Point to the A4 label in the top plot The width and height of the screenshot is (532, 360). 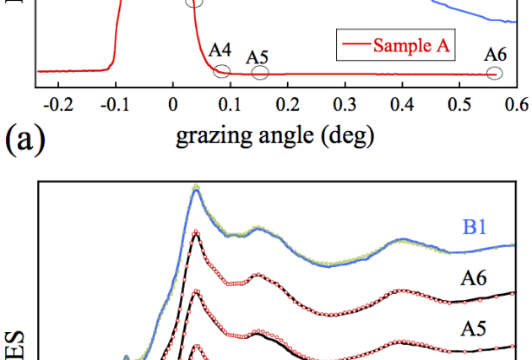pos(220,48)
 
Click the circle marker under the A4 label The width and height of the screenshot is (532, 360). pos(222,71)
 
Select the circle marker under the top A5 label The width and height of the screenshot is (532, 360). pos(260,73)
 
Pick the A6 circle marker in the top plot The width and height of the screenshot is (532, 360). pos(495,74)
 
